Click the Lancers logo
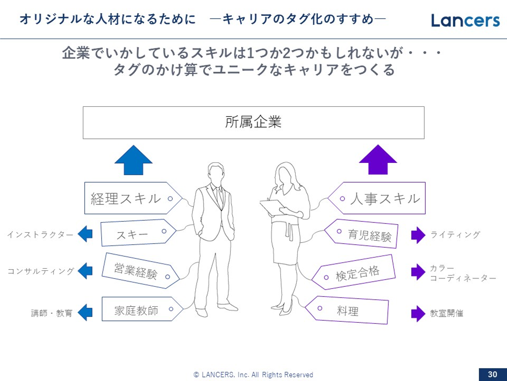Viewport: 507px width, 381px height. click(465, 20)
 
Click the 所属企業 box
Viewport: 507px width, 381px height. click(254, 122)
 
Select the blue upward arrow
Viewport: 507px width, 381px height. click(133, 161)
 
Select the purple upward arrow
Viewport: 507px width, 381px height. click(378, 161)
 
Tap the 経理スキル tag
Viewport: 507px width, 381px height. click(130, 198)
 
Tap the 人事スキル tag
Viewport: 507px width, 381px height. click(380, 198)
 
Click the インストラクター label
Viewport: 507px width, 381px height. click(40, 235)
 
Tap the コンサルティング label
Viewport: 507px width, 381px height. click(41, 271)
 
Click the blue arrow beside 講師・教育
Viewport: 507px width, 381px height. click(85, 313)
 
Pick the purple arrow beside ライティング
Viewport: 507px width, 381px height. click(418, 235)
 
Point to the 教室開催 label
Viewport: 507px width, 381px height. click(446, 313)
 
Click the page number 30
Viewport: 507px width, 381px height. click(492, 374)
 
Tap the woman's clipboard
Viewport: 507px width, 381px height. click(272, 207)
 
